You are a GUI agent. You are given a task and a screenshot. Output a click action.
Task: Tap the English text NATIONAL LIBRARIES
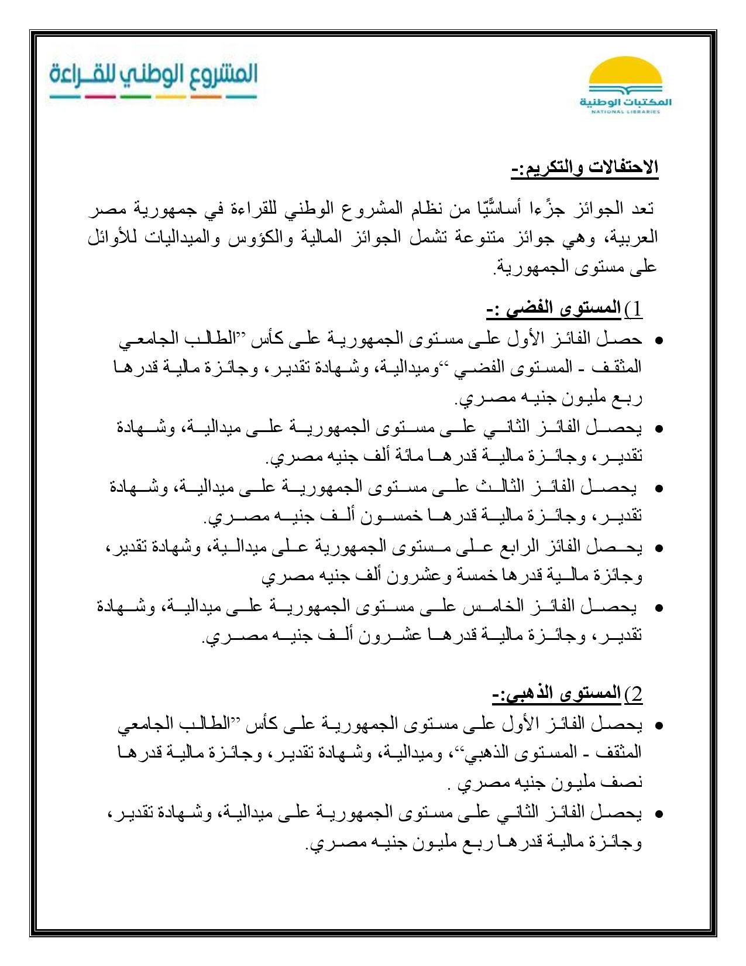point(625,111)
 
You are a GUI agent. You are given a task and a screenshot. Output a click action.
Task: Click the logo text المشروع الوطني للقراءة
point(153,76)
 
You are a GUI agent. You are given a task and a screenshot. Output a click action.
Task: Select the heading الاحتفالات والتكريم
point(585,167)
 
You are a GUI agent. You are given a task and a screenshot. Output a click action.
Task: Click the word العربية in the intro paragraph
point(634,238)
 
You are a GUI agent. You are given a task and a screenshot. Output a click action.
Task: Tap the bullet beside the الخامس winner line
point(659,608)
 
